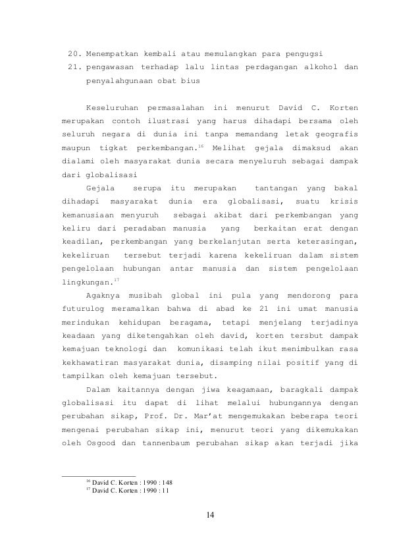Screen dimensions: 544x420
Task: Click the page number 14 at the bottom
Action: click(x=209, y=514)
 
